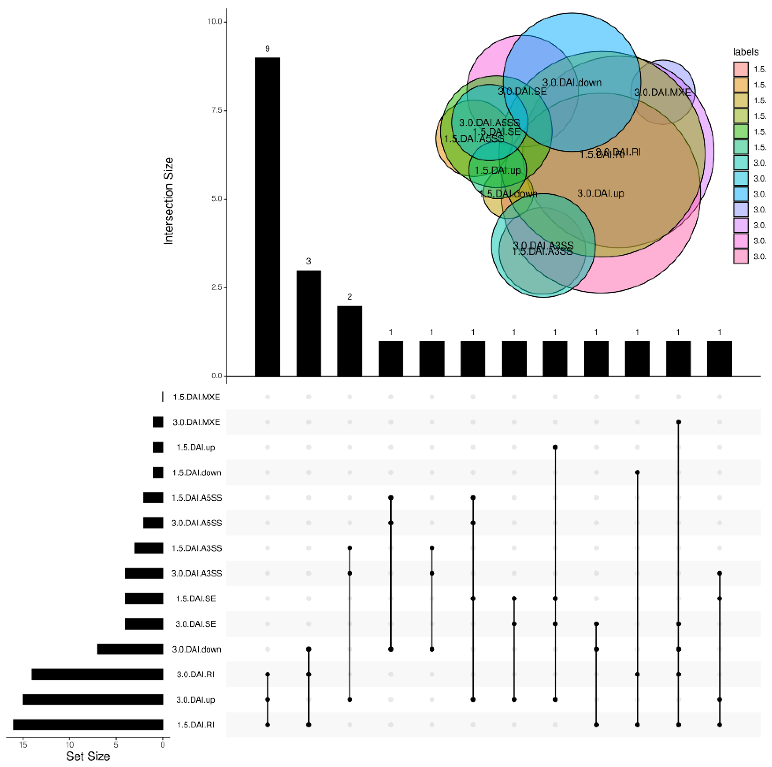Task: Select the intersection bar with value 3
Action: point(308,323)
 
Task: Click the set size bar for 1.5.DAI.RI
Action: point(88,725)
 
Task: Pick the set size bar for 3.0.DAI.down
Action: point(130,649)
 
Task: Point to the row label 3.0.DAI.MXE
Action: point(196,422)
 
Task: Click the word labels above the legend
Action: point(745,52)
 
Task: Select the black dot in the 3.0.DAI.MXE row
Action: point(678,422)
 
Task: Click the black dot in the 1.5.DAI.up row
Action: point(555,447)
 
